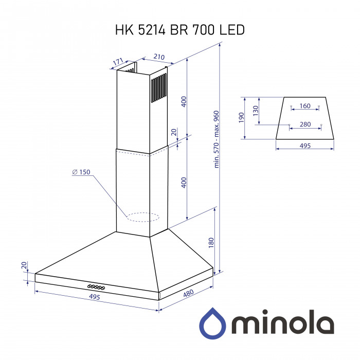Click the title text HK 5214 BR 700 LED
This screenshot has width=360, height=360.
tap(179, 30)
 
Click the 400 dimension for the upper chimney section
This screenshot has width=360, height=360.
tap(184, 101)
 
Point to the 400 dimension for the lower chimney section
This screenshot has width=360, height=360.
tap(184, 182)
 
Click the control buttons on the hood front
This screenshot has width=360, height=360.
tap(96, 286)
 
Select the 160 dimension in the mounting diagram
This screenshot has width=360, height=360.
tap(305, 106)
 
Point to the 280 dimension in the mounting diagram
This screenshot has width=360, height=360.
tap(305, 124)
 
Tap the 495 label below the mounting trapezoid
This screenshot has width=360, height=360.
tap(305, 146)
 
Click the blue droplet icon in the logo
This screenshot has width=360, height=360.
tap(213, 323)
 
